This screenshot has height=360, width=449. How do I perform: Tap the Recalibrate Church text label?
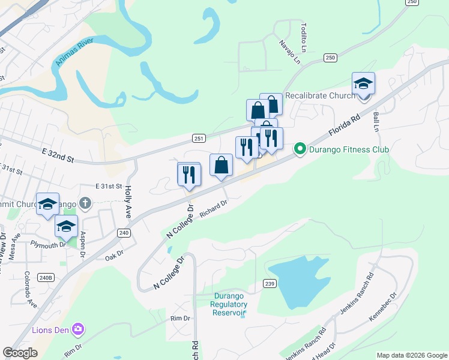pyautogui.click(x=320, y=95)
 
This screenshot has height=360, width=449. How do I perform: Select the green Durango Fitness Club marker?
pyautogui.click(x=300, y=149)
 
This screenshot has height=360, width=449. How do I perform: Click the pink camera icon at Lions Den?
pyautogui.click(x=77, y=329)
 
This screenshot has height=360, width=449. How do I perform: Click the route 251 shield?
pyautogui.click(x=199, y=139)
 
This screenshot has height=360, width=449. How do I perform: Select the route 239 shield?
pyautogui.click(x=269, y=283)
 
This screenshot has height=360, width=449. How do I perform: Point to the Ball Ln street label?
pyautogui.click(x=376, y=121)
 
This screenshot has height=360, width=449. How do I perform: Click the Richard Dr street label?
pyautogui.click(x=214, y=210)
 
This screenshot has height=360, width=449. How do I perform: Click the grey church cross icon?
pyautogui.click(x=85, y=203)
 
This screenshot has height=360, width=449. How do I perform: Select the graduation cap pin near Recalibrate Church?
pyautogui.click(x=363, y=83)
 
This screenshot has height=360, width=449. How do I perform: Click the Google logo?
pyautogui.click(x=20, y=353)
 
